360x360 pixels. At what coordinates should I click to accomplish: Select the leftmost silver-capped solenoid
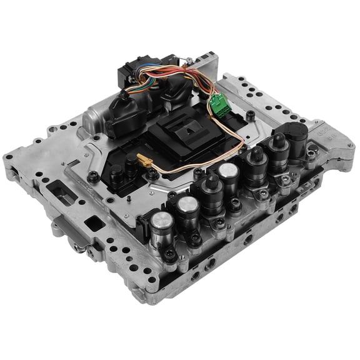pos(161,222)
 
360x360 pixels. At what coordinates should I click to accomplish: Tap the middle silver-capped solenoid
pos(187,205)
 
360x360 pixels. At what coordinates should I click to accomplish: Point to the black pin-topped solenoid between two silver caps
pos(210,185)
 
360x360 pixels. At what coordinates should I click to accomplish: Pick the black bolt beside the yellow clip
pos(153,175)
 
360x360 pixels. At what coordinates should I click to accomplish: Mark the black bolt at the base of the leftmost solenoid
pos(169,254)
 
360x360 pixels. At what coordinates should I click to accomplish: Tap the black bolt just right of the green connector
pos(250,115)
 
